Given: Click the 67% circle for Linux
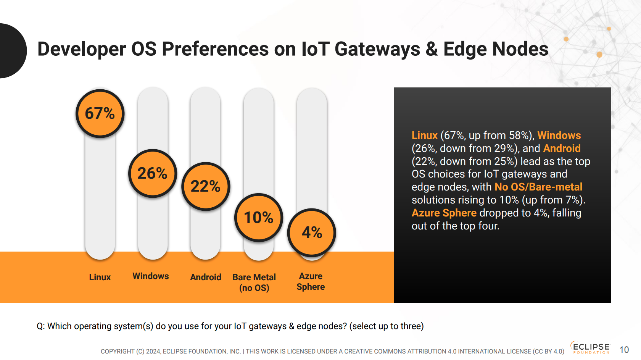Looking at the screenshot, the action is (100, 113).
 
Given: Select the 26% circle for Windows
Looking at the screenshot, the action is (153, 173).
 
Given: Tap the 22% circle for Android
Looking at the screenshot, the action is (205, 186).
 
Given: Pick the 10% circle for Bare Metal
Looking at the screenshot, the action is (259, 217).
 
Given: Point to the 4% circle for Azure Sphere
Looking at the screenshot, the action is (312, 232).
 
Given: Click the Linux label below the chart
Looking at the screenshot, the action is (100, 277).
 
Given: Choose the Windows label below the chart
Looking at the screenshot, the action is (150, 276).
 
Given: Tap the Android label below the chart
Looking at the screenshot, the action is (206, 277).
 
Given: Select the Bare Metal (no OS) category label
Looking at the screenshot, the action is (254, 283).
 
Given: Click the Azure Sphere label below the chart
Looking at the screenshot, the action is (311, 281).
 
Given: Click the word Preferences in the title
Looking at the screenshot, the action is (215, 49).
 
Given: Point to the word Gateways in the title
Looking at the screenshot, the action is (377, 50).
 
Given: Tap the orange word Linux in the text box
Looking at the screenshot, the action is (425, 135).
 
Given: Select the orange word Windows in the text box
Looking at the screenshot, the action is (559, 135).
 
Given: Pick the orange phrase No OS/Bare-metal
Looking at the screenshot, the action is (539, 187).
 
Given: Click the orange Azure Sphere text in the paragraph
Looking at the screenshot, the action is (444, 213).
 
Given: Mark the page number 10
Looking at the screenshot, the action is (624, 350).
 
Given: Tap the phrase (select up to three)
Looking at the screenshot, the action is (387, 326).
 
